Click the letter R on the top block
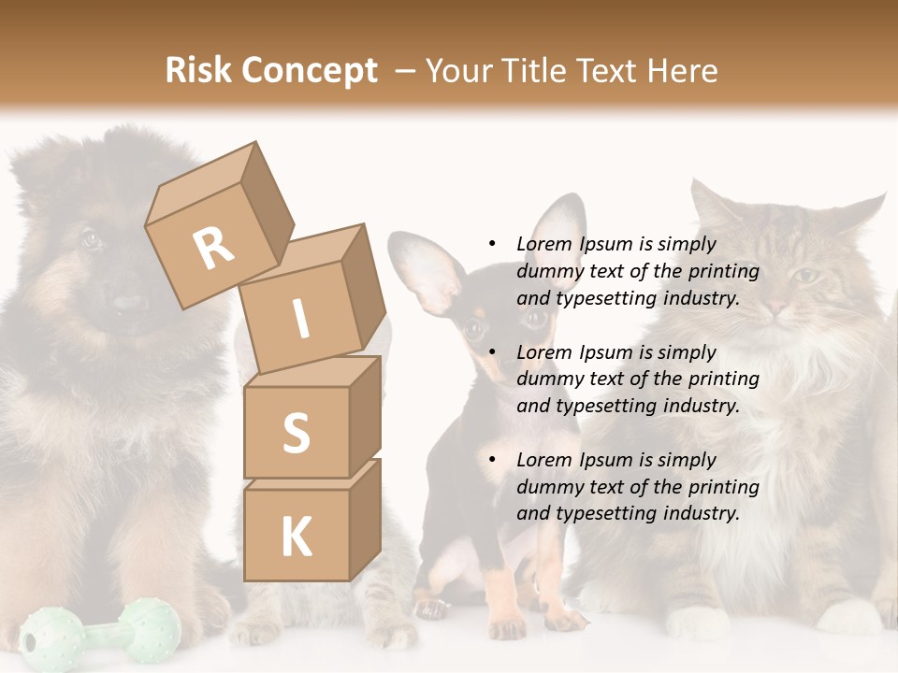pyautogui.click(x=213, y=247)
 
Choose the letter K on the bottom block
pyautogui.click(x=296, y=537)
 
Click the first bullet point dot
pyautogui.click(x=492, y=244)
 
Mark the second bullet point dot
pyautogui.click(x=492, y=352)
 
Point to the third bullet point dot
pyautogui.click(x=492, y=460)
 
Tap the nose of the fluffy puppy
pyautogui.click(x=129, y=305)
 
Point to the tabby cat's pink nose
pyautogui.click(x=776, y=306)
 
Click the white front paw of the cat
pyautogui.click(x=697, y=622)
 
